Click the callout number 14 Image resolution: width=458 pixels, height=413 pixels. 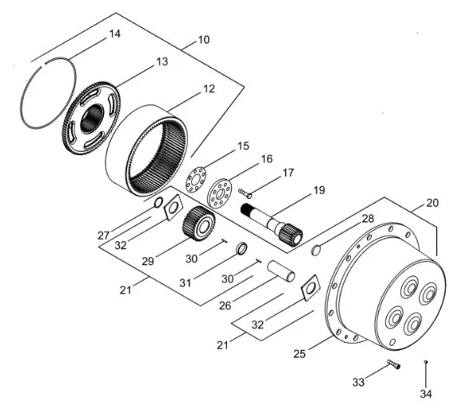[x=115, y=34]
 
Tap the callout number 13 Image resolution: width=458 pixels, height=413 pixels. [x=162, y=62]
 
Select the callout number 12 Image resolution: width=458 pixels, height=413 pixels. [x=209, y=89]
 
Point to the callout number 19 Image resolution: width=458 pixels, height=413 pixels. [x=319, y=190]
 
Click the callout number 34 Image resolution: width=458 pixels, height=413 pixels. [x=426, y=394]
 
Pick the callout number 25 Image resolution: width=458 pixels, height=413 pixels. [x=300, y=354]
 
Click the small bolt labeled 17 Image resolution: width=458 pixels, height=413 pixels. [x=245, y=193]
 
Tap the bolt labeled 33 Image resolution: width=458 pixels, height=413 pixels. [x=394, y=364]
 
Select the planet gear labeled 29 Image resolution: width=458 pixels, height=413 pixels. [x=199, y=224]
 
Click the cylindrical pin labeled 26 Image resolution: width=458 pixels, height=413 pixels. [x=281, y=272]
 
